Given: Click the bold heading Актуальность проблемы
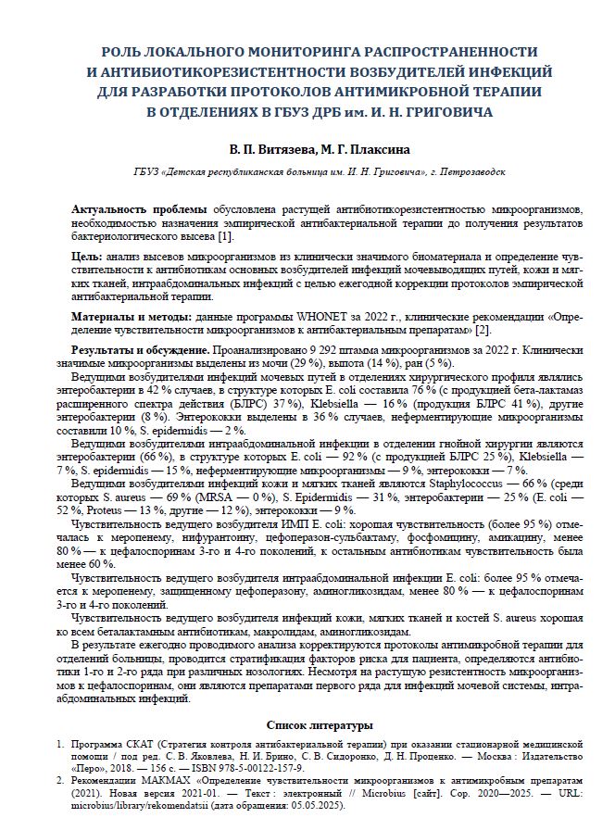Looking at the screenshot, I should tap(140, 211).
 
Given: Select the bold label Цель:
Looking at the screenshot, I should tap(88, 255).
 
